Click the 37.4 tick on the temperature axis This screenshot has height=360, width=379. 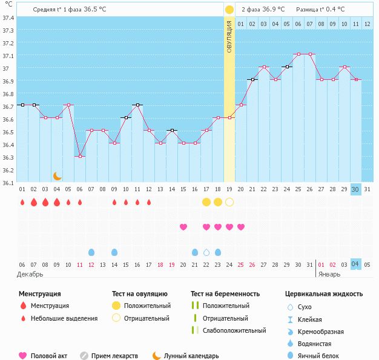8,18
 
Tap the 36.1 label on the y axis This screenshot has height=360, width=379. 8,182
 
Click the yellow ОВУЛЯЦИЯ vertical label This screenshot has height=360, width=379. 229,36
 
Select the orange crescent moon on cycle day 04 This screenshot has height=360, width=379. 57,176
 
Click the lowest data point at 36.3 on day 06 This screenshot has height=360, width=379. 80,156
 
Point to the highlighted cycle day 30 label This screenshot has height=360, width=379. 356,189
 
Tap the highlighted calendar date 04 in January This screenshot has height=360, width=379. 356,264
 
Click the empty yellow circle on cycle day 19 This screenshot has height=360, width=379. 229,202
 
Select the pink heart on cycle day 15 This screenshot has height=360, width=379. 183,227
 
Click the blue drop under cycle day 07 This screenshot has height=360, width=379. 91,252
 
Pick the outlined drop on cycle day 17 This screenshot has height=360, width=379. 206,252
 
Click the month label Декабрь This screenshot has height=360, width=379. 30,274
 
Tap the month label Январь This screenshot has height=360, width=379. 329,274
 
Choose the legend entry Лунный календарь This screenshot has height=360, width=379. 191,356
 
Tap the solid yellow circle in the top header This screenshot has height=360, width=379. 229,10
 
